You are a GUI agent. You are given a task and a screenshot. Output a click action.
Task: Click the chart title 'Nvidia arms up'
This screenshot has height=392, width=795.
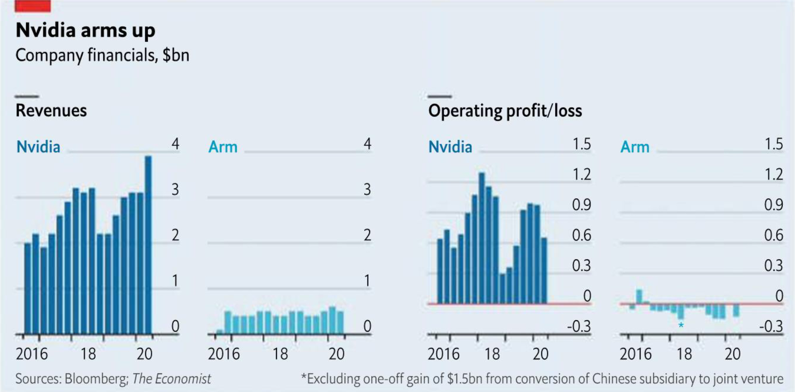pyautogui.click(x=85, y=30)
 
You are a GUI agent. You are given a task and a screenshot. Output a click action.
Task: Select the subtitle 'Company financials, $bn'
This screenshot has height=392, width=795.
pyautogui.click(x=102, y=55)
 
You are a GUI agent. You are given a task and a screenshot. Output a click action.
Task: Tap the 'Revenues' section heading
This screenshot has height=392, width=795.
pyautogui.click(x=51, y=111)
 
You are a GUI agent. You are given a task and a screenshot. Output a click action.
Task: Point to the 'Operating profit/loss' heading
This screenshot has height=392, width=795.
pyautogui.click(x=505, y=111)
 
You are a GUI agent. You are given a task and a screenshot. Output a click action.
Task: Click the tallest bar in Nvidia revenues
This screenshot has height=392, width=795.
pyautogui.click(x=148, y=244)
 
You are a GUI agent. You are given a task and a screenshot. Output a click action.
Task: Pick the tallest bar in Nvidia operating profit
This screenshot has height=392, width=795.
pyautogui.click(x=481, y=238)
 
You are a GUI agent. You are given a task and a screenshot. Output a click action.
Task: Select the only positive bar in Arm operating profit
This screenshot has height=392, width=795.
pyautogui.click(x=639, y=296)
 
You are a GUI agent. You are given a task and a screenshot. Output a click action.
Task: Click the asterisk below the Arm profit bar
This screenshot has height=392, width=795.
pyautogui.click(x=681, y=326)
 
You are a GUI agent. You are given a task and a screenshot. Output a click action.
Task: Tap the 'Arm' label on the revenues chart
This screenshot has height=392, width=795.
pyautogui.click(x=223, y=147)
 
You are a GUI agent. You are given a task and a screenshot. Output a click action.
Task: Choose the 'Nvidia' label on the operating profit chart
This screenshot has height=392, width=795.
pyautogui.click(x=450, y=147)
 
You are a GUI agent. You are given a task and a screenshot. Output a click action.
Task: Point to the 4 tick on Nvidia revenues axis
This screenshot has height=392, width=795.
pyautogui.click(x=175, y=144)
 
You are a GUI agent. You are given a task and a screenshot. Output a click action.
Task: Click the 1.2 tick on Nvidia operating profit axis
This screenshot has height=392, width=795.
pyautogui.click(x=581, y=175)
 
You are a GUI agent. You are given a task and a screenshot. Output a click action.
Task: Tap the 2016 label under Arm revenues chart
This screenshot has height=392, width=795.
pyautogui.click(x=224, y=354)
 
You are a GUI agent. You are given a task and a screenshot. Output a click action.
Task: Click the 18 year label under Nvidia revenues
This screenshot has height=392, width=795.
pyautogui.click(x=88, y=354)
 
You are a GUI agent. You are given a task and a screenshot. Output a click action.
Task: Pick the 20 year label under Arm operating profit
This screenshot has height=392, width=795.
pyautogui.click(x=733, y=354)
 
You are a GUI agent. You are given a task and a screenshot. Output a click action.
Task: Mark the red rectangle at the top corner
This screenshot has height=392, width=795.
pyautogui.click(x=33, y=6)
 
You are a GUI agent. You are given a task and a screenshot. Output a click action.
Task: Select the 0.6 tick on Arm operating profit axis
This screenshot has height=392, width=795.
pyautogui.click(x=773, y=235)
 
